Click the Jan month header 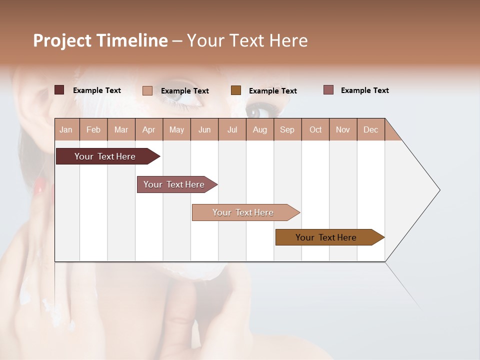pos(66,129)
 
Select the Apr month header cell pos(149,129)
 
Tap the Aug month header pos(260,129)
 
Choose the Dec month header pos(370,129)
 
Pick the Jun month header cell pos(204,129)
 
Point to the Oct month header pos(315,129)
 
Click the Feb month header pos(93,129)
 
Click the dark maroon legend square pos(59,90)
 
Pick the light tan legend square pos(147,90)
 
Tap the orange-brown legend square pos(236,90)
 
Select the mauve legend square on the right pos(328,90)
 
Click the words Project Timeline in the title pos(100,40)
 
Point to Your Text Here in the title pos(247,40)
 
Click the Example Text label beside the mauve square pos(364,90)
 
